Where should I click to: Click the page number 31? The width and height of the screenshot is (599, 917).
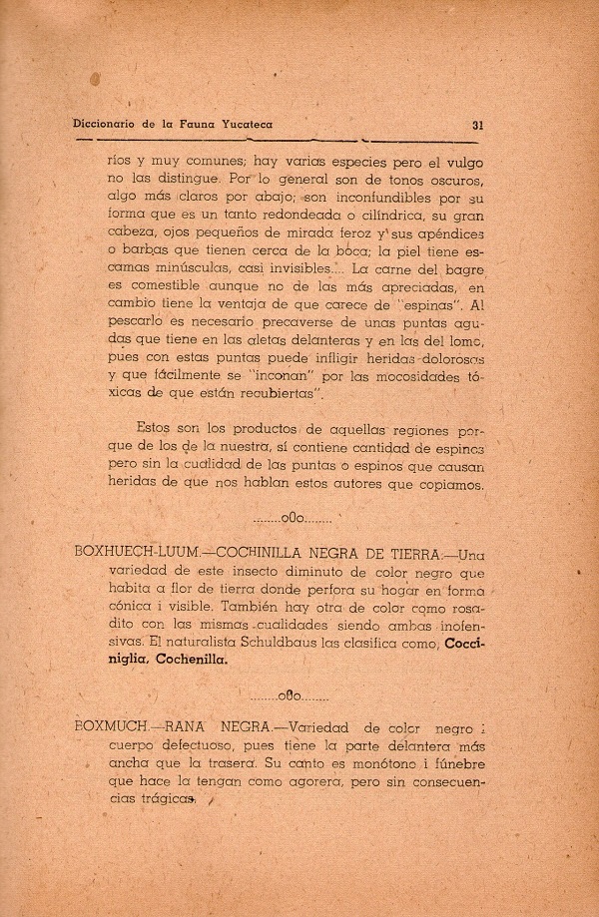(477, 125)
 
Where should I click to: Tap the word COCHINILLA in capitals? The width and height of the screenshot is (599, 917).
(238, 555)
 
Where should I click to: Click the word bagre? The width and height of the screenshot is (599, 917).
(465, 270)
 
